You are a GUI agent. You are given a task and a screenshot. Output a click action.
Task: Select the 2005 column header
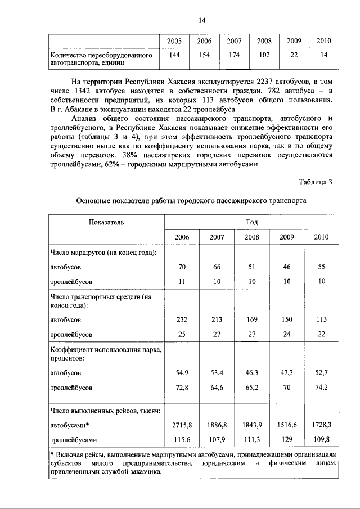coord(174,42)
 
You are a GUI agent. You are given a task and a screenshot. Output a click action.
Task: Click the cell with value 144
coord(174,55)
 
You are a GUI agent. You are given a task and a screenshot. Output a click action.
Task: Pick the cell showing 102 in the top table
coord(264,55)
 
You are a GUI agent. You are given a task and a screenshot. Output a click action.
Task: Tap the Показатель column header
coord(106,222)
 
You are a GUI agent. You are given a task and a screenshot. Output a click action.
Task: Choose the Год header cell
coord(251,222)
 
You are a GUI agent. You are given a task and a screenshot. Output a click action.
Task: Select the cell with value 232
coord(182,319)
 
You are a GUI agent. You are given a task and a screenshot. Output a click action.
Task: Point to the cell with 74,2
coord(323,388)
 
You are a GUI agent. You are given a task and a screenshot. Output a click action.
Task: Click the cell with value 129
coord(287,439)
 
